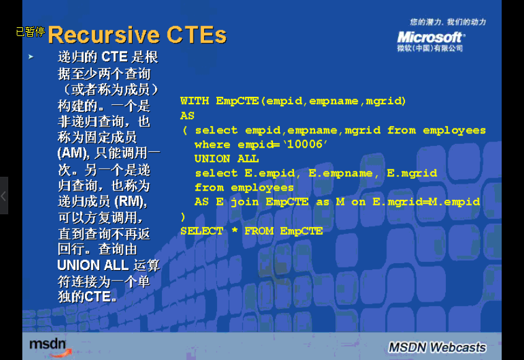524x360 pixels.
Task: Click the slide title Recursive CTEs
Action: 137,35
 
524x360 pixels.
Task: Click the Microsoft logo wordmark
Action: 431,37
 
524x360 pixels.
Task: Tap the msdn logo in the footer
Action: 49,345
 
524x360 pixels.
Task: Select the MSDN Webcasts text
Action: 437,348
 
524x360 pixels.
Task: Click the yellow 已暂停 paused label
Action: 30,32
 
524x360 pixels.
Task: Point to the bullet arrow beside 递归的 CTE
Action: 31,57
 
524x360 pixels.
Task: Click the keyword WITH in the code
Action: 195,101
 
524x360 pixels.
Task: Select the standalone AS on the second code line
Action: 187,116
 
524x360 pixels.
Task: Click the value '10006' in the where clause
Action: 305,144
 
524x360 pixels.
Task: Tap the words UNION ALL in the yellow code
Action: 226,159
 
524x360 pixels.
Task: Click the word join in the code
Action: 244,202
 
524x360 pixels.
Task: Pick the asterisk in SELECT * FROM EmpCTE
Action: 234,230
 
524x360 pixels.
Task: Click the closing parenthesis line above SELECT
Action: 183,217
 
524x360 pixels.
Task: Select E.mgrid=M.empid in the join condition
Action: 426,202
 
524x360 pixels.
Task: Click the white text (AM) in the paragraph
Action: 73,153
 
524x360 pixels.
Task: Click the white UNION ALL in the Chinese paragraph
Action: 92,265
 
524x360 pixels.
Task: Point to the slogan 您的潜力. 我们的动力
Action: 448,22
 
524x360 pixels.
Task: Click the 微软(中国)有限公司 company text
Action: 430,48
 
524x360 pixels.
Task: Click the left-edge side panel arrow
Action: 4,196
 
